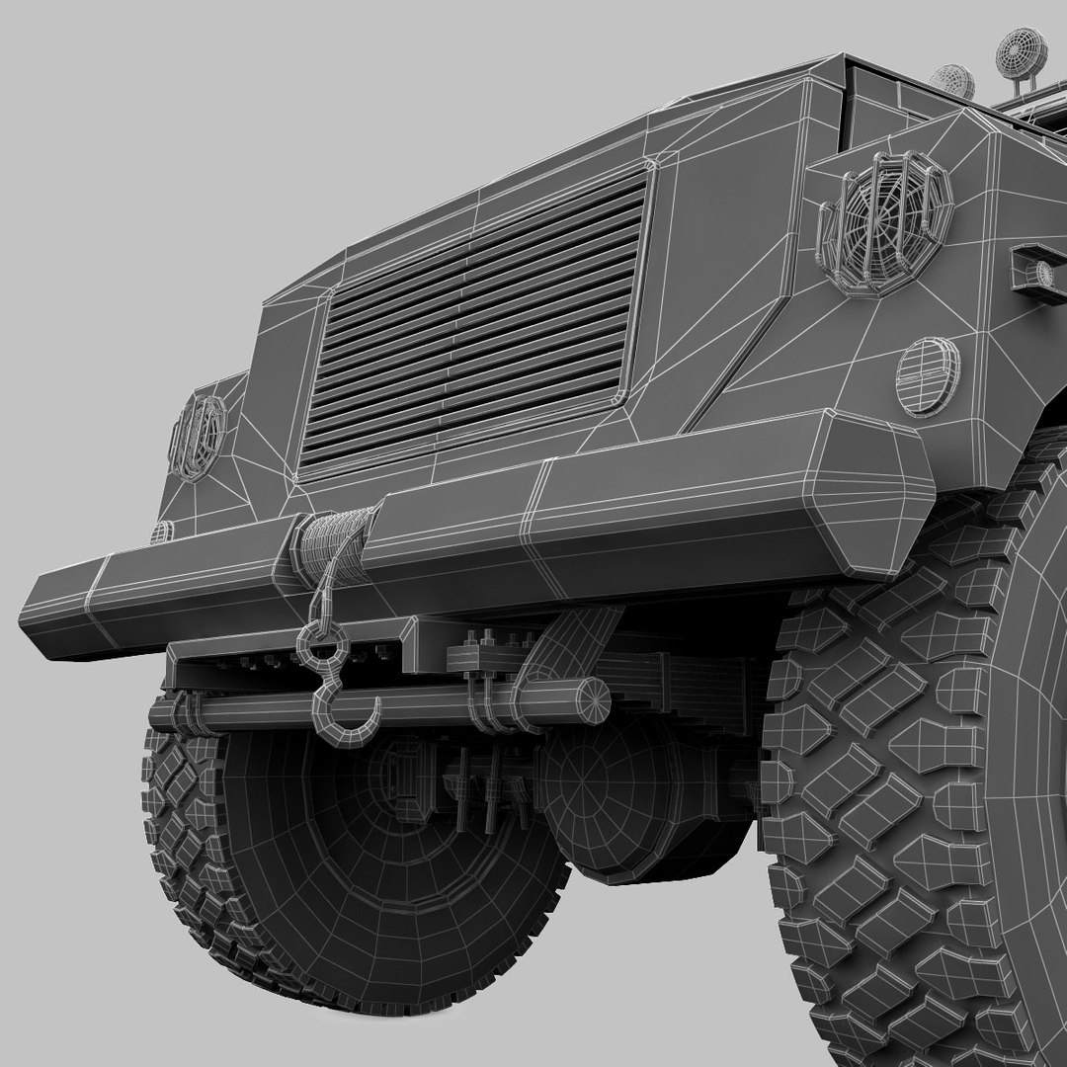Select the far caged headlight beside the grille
[x=198, y=437]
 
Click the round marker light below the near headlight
[x=927, y=375]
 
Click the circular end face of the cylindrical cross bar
[x=594, y=700]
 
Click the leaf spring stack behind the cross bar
[x=682, y=682]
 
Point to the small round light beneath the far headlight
[x=161, y=532]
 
